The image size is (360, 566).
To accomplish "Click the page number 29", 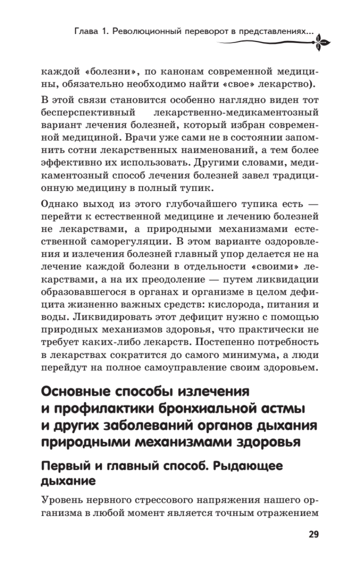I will [x=314, y=534].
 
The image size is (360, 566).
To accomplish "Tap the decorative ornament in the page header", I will [x=322, y=42].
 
